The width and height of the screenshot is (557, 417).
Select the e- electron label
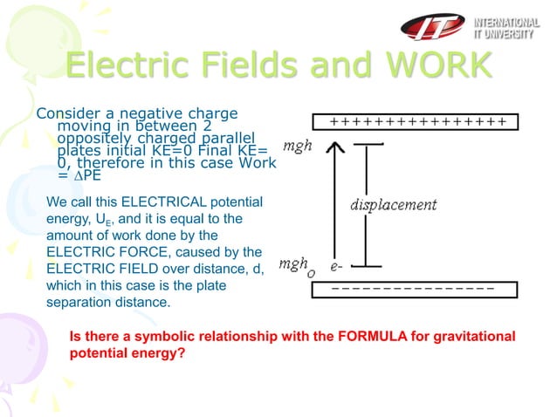coord(335,260)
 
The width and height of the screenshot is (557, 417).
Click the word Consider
coord(64,113)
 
